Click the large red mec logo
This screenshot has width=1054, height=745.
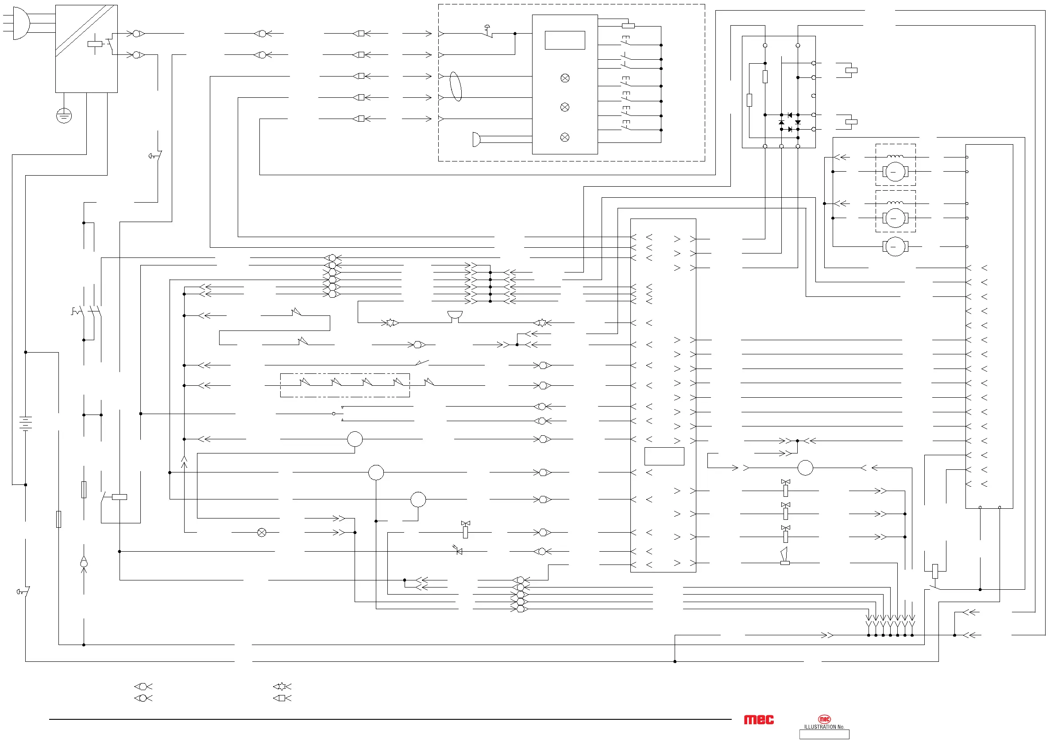click(x=758, y=720)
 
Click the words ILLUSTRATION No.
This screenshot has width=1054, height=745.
click(x=824, y=727)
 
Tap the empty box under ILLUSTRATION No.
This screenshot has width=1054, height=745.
click(x=824, y=735)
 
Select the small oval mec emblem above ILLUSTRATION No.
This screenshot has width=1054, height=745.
click(x=824, y=719)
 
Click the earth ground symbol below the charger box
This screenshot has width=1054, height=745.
click(x=64, y=115)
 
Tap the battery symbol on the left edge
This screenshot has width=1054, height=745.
click(x=26, y=422)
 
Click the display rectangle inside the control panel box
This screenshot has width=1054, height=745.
click(x=565, y=40)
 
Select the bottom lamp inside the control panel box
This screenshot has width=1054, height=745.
click(x=565, y=137)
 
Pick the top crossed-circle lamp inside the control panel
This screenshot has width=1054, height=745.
click(x=565, y=78)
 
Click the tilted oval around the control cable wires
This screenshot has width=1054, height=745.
click(x=456, y=86)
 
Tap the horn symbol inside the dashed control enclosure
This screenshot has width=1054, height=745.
click(x=477, y=139)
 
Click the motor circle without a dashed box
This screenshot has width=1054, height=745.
click(x=895, y=247)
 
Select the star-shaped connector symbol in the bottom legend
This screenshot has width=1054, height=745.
click(x=282, y=687)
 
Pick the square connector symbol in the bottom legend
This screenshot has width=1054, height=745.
click(x=282, y=698)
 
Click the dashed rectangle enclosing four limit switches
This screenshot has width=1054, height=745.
click(x=345, y=385)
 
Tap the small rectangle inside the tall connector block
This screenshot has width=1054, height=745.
click(x=664, y=457)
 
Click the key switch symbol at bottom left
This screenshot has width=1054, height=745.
click(x=23, y=592)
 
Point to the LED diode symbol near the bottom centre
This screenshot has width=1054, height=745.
click(x=458, y=551)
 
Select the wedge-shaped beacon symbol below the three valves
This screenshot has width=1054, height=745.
click(x=784, y=556)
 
